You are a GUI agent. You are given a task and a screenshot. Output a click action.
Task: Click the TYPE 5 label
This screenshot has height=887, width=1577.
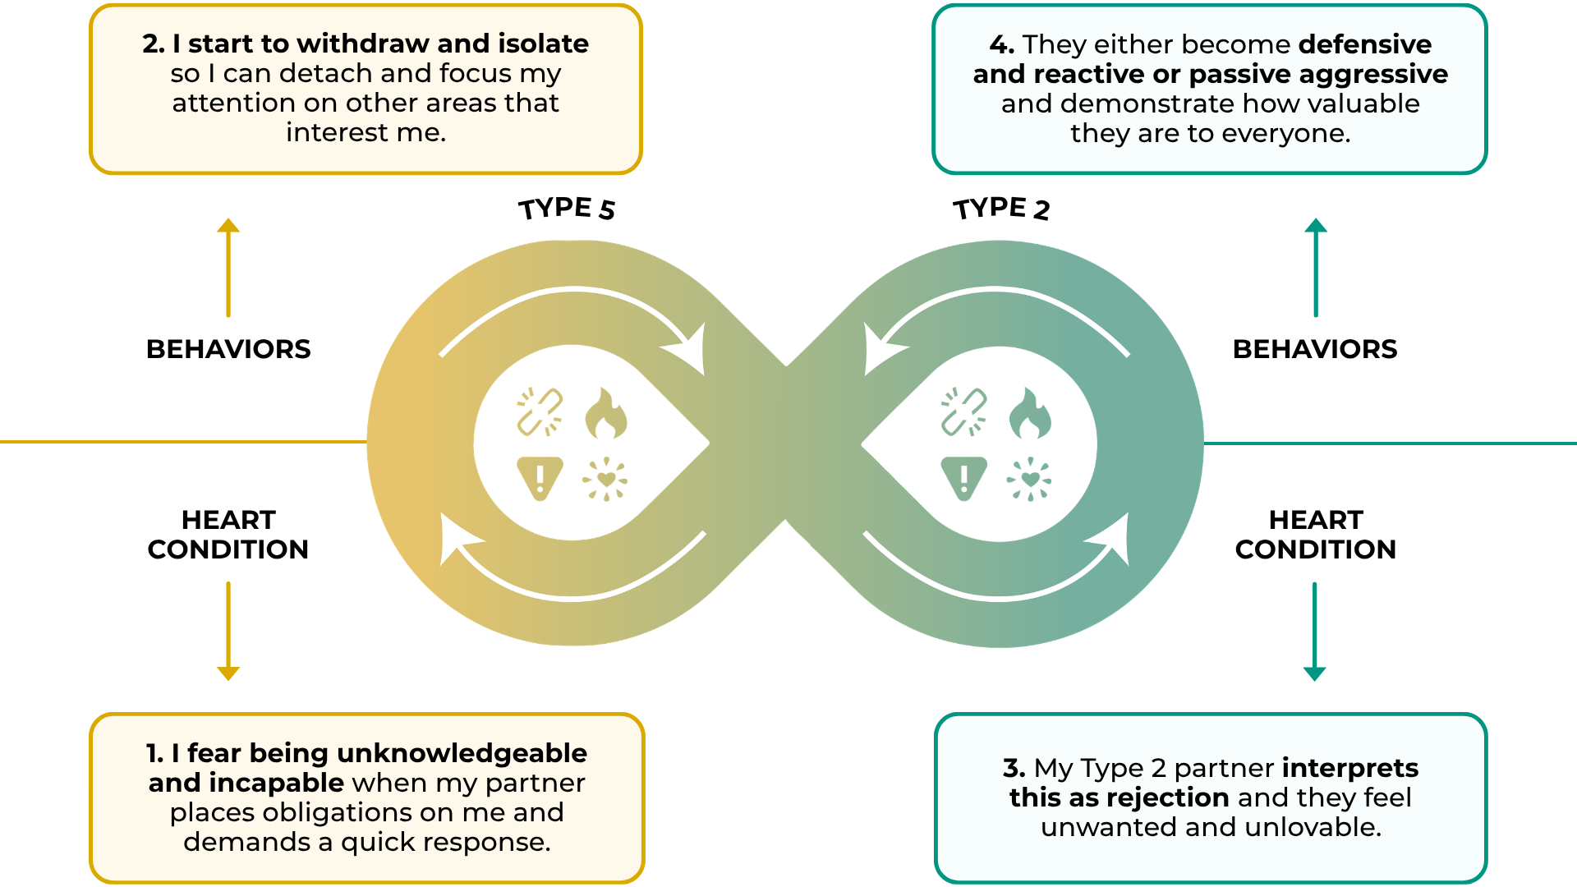[x=567, y=209]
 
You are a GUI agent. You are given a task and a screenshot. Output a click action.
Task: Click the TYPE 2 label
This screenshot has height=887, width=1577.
[x=1001, y=209]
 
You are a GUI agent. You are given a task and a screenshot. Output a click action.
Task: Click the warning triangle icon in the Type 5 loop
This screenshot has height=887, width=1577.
[x=540, y=478]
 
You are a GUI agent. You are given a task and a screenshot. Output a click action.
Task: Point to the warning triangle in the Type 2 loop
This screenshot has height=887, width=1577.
[x=963, y=478]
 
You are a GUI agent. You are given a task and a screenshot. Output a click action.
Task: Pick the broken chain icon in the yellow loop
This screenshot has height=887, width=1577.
[x=540, y=411]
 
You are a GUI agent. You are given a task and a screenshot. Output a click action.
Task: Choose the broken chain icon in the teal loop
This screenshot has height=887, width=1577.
[x=963, y=411]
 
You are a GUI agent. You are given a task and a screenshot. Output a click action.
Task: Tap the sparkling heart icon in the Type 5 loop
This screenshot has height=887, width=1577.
[x=605, y=479]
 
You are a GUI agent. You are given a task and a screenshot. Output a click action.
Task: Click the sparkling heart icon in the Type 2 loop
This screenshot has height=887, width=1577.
[x=1029, y=479]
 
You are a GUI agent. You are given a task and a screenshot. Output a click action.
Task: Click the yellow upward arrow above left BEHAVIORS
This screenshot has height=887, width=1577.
[x=228, y=267]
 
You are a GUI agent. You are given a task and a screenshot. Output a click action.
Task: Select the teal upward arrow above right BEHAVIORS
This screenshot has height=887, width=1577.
[x=1316, y=267]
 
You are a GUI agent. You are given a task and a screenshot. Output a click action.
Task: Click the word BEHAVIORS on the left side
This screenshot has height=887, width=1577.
[x=228, y=349]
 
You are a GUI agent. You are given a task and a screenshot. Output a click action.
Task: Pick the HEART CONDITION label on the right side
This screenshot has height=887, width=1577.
[x=1316, y=535]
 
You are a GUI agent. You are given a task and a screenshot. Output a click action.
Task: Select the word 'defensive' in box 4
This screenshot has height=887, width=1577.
[x=1365, y=44]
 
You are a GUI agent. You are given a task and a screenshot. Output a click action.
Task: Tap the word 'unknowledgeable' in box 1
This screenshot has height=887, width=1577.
[x=462, y=753]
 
